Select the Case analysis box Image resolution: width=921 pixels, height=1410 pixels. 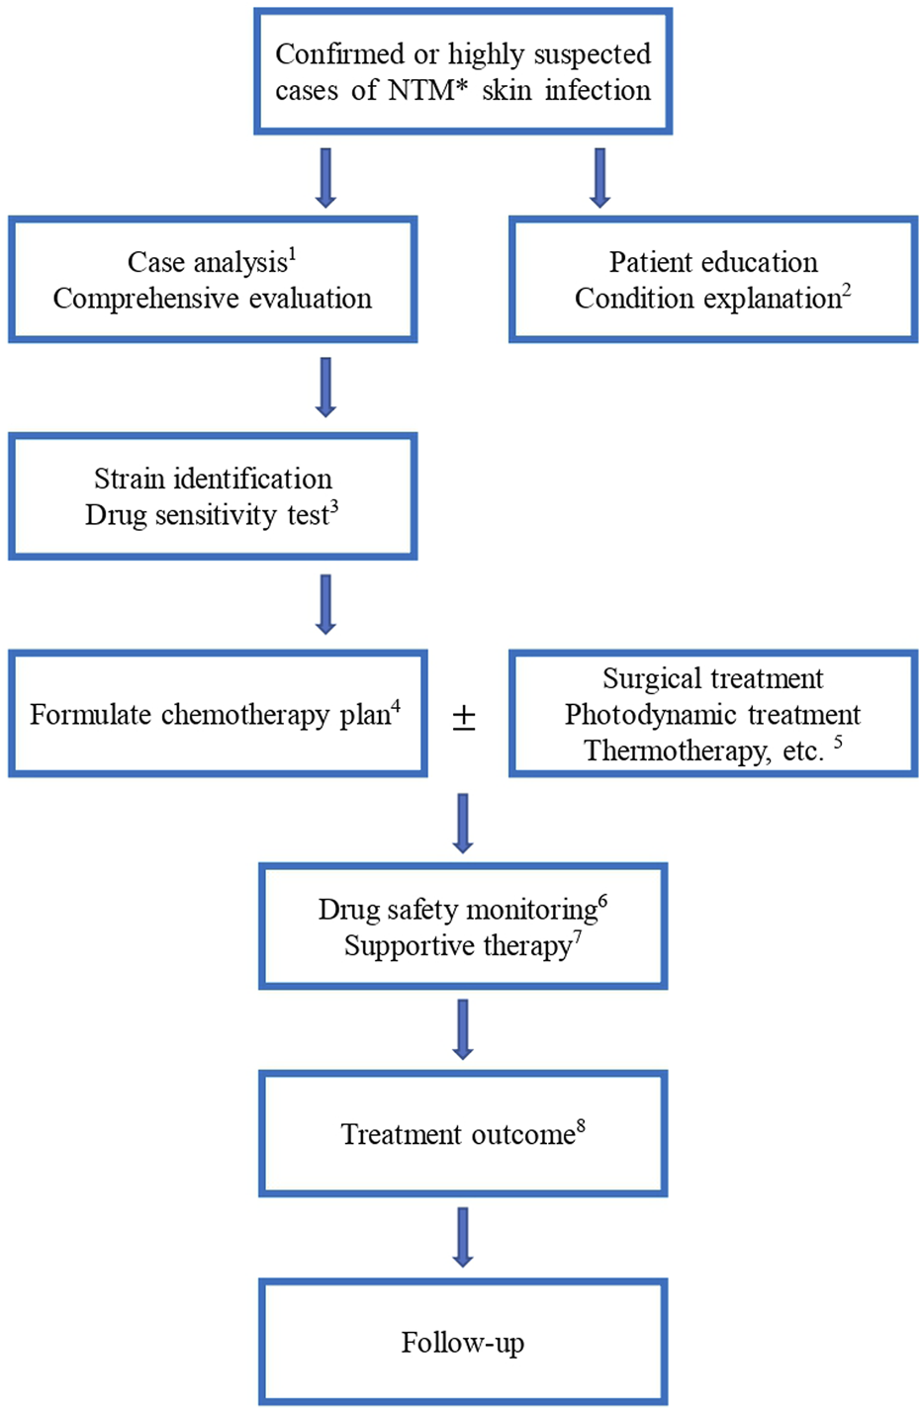click(x=213, y=280)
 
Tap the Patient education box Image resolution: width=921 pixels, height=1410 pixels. click(x=713, y=280)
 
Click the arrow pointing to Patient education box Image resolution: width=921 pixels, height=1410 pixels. click(x=599, y=177)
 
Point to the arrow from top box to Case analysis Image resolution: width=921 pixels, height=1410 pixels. click(x=325, y=177)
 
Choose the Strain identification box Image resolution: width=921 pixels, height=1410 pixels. click(x=213, y=496)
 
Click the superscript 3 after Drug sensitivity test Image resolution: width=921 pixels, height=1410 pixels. click(x=334, y=506)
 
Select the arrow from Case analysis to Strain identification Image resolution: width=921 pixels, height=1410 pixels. click(x=325, y=387)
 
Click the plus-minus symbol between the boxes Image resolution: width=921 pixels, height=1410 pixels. click(x=464, y=717)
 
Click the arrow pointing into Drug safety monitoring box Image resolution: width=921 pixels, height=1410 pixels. click(x=462, y=822)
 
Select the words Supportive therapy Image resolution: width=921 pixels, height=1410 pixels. click(x=457, y=946)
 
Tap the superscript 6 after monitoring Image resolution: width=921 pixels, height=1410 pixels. click(x=602, y=900)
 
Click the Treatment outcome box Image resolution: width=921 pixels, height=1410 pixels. click(x=463, y=1133)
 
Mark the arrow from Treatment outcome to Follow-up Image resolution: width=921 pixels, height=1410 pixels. click(x=462, y=1237)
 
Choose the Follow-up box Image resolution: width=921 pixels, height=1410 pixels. click(x=463, y=1342)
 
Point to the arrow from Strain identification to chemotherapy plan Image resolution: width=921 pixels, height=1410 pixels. click(x=325, y=603)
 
